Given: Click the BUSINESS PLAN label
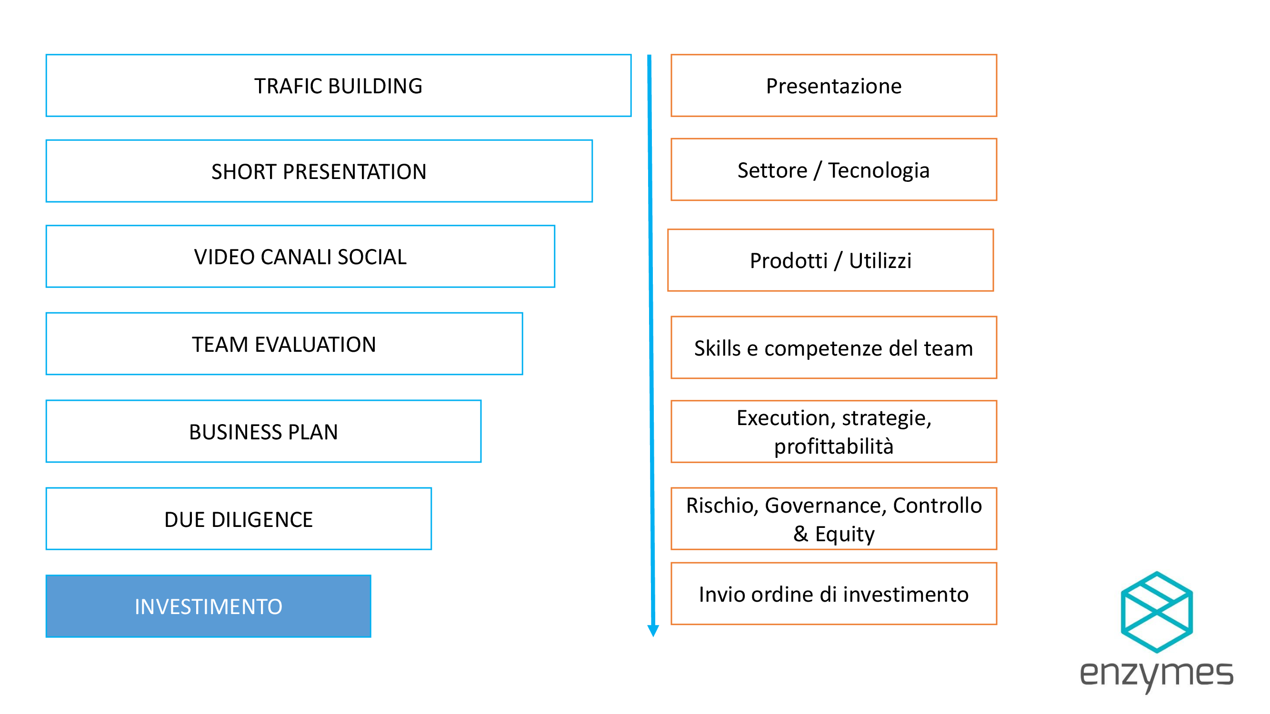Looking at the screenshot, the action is [264, 432].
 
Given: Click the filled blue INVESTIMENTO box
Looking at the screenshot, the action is [209, 606].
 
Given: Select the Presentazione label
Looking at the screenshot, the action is [834, 86].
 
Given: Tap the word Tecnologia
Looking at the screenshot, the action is [879, 170].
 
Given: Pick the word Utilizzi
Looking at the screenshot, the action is [880, 261].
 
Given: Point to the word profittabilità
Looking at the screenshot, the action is [834, 446].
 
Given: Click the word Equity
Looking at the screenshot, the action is [845, 535].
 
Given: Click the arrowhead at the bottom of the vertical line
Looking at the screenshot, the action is [653, 631].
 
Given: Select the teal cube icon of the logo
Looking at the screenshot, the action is [1157, 613].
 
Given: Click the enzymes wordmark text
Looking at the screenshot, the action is [1157, 675].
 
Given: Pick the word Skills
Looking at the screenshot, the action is [717, 348].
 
